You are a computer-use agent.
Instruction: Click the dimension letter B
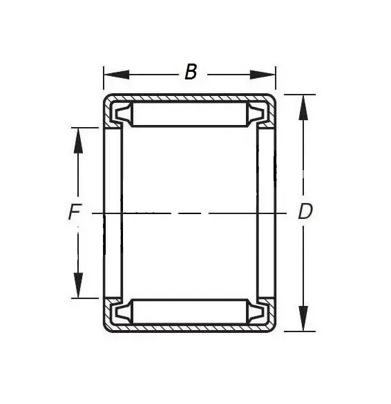(x=191, y=72)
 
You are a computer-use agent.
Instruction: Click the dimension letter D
(x=305, y=211)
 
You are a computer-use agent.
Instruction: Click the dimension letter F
(x=75, y=211)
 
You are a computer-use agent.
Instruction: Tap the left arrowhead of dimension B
(x=116, y=75)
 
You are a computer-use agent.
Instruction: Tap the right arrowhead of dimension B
(x=263, y=75)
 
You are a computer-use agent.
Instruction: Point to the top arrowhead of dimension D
(x=303, y=108)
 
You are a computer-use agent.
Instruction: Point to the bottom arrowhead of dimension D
(x=303, y=318)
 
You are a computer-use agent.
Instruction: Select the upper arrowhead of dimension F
(x=78, y=141)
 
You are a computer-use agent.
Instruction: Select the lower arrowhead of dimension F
(x=78, y=285)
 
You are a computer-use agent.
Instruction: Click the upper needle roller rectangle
(x=190, y=114)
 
